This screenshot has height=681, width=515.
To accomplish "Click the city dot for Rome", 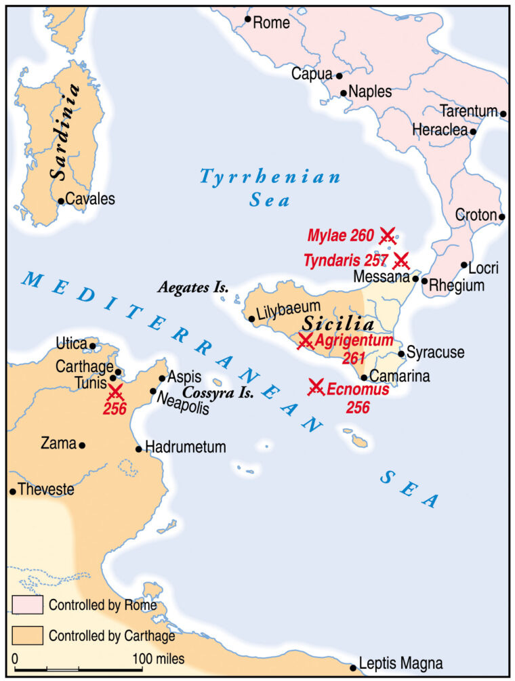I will tap(248, 20).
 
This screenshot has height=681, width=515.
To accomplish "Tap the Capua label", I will tap(312, 73).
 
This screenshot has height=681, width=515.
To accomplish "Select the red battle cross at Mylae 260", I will tap(388, 236).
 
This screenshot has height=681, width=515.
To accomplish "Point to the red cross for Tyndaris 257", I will tap(401, 260).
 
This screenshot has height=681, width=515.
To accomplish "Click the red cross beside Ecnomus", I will tap(316, 387).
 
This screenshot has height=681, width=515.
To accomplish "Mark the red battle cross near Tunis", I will tap(115, 392).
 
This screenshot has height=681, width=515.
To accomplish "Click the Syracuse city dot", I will tap(401, 353).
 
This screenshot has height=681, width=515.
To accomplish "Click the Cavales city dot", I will tap(61, 201).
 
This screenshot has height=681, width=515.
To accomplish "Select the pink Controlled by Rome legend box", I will tap(27, 604).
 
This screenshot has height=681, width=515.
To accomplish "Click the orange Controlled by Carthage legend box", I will tap(27, 636).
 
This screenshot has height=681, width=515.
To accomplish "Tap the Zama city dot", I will tap(82, 445).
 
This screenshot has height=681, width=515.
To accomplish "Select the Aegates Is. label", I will tap(193, 287).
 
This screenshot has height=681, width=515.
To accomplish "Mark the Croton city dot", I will tap(501, 217).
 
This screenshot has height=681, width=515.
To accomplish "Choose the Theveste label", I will tap(46, 489).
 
